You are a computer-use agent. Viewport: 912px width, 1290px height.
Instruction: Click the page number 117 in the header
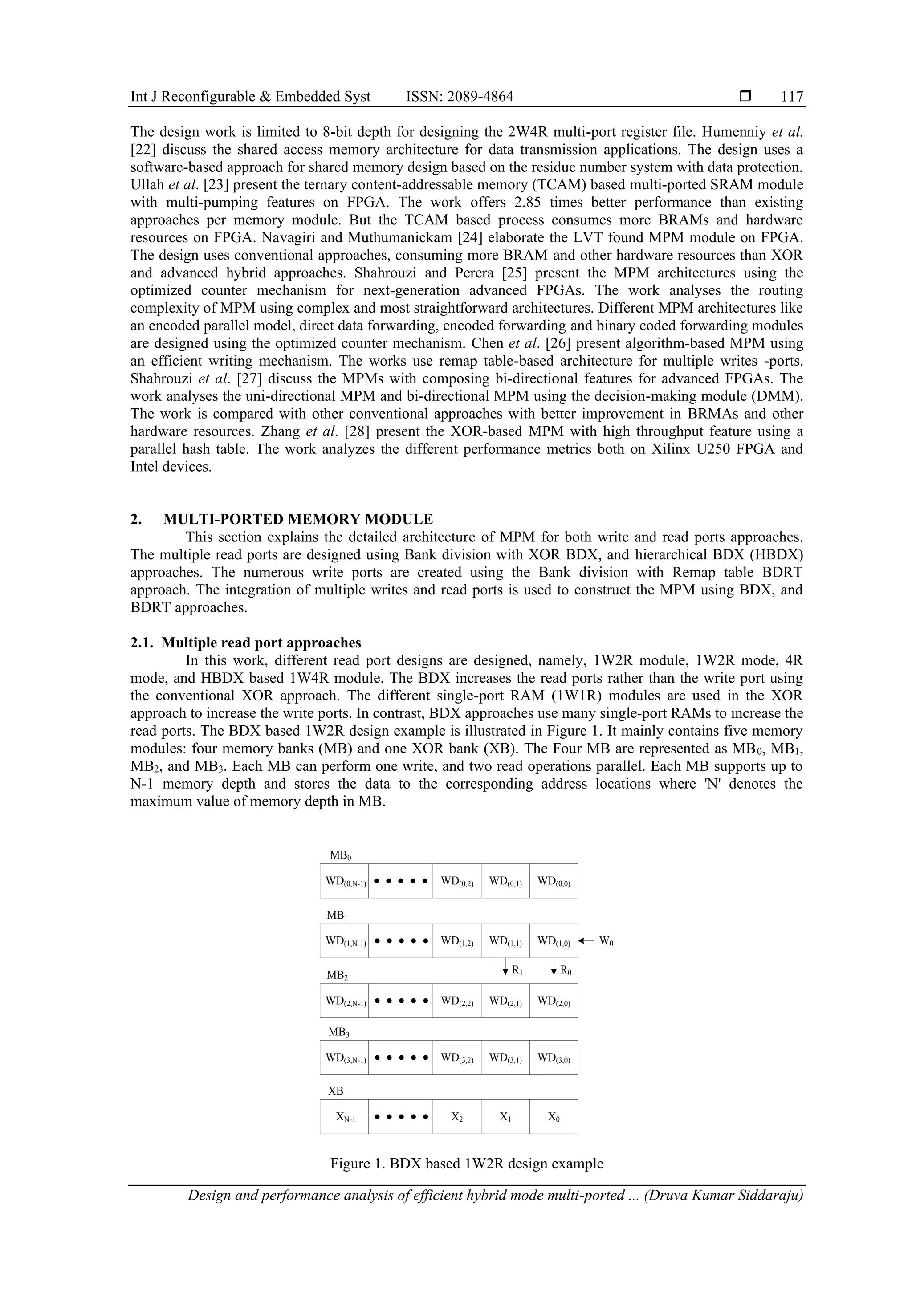[792, 97]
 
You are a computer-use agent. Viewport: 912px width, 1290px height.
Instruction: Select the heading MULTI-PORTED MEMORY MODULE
[298, 519]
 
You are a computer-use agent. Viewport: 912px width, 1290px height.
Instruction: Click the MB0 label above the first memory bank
[340, 855]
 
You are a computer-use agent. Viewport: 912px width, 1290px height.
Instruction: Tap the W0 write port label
[606, 941]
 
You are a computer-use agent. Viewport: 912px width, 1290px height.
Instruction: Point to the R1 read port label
[517, 970]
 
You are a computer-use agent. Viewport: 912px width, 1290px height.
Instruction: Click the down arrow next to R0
[554, 969]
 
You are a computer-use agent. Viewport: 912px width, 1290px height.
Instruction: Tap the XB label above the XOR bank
[335, 1091]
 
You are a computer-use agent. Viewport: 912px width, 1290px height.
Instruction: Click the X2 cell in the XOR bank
[457, 1117]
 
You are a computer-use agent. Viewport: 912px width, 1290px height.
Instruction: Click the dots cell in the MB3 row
[401, 1058]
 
